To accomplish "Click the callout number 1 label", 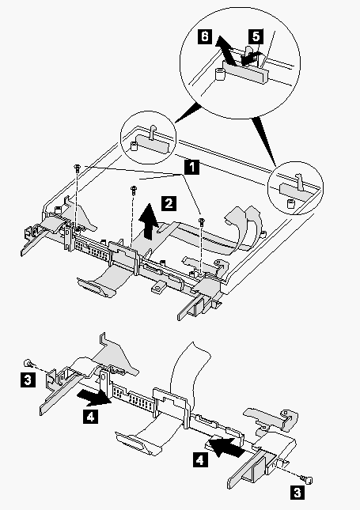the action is [x=192, y=167].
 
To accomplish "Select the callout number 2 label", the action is [x=169, y=204].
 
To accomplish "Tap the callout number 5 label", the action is [x=256, y=36].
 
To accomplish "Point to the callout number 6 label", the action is [x=205, y=36].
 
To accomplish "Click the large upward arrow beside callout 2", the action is [x=150, y=221].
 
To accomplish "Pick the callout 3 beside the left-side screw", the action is [x=28, y=380].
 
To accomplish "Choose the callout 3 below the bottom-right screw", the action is [x=297, y=492].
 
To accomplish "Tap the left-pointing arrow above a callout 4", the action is [x=225, y=446].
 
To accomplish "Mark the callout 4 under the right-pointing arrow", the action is [x=90, y=417].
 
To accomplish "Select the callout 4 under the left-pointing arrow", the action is [x=200, y=460].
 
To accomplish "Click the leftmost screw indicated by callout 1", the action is [x=78, y=168].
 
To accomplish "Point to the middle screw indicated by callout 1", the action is [x=134, y=189].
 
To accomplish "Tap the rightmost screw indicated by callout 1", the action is [x=202, y=222].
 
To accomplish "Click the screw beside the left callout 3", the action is [x=28, y=362].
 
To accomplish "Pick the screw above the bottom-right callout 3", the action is [x=307, y=479].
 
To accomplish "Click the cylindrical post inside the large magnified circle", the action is [x=221, y=74].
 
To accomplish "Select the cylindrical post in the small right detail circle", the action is [x=290, y=204].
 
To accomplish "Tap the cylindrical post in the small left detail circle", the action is [x=134, y=146].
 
